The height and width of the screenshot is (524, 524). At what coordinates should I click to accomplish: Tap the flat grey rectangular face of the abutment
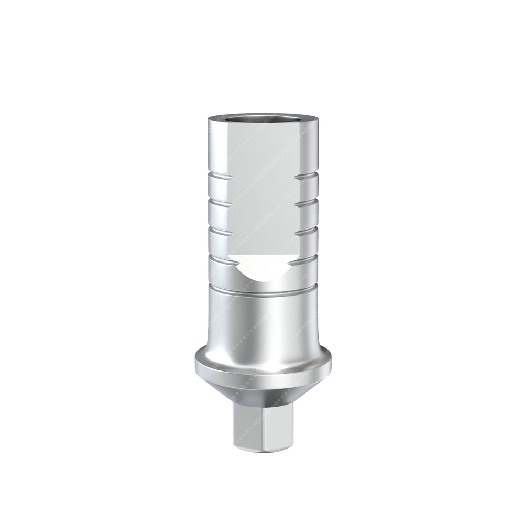pos(262,189)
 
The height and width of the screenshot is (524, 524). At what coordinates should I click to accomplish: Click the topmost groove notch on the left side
pos(217,178)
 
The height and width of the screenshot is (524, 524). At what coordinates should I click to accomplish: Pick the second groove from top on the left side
pos(217,201)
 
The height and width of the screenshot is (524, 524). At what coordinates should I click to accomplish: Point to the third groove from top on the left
pos(217,228)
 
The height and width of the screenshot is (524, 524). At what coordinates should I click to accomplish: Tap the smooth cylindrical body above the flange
pos(262,320)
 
